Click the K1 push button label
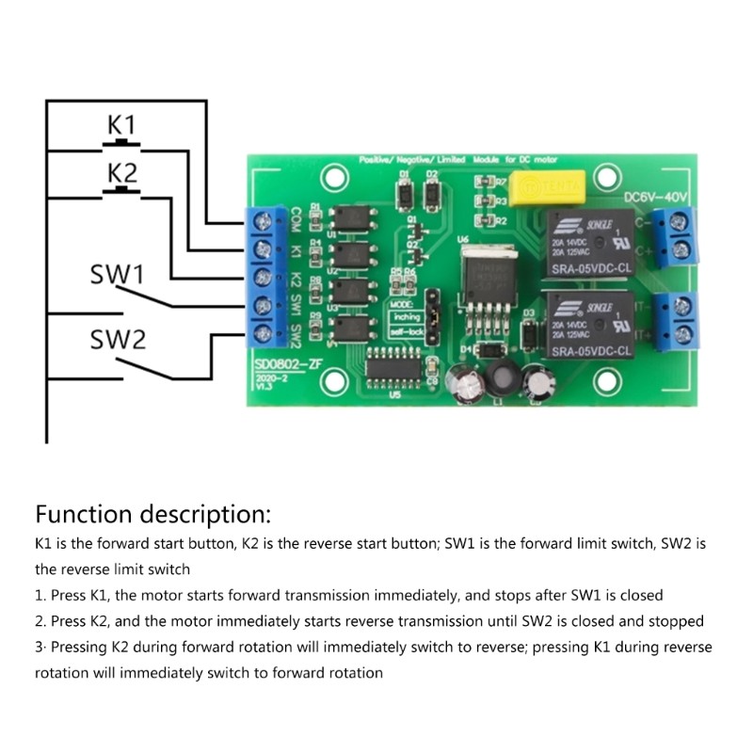(121, 125)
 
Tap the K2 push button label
(121, 173)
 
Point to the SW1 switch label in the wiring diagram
(117, 275)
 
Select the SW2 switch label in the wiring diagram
(118, 339)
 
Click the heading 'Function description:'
(153, 515)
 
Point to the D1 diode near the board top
(405, 194)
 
